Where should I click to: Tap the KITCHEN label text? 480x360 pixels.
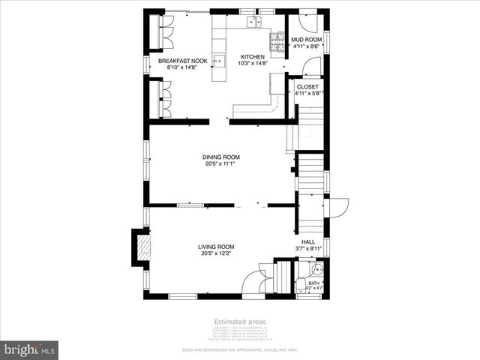pos(252,57)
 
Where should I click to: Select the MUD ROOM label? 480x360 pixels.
pos(306,38)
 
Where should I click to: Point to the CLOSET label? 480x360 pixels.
pos(307,87)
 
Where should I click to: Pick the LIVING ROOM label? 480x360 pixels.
pos(216,247)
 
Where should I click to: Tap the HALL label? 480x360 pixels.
pos(307,241)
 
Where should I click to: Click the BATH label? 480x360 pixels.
pos(314,283)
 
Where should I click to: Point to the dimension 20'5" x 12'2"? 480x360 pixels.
pos(216,253)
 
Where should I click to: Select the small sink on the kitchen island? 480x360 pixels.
pos(218,59)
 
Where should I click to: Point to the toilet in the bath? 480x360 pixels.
pos(300,283)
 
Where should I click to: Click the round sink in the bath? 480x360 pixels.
pos(318,270)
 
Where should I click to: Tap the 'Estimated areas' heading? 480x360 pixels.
pos(240,322)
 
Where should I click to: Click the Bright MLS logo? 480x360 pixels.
pos(30,349)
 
